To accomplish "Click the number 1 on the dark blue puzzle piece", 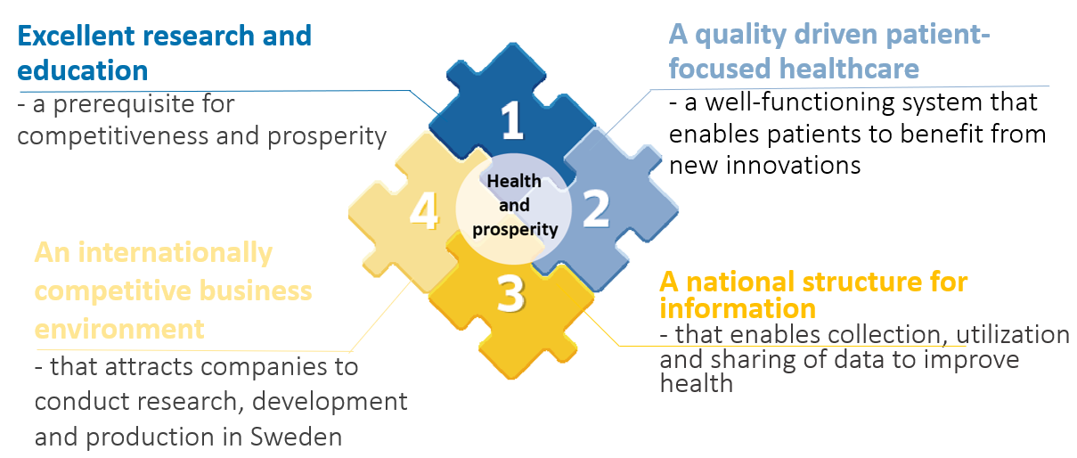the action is click(x=512, y=120).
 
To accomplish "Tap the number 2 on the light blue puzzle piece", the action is click(x=596, y=209).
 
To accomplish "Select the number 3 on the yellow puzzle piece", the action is click(x=510, y=293).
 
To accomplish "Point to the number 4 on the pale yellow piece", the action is click(x=424, y=210).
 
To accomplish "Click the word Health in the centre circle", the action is click(x=514, y=182).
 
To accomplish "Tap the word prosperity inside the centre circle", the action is click(x=515, y=230).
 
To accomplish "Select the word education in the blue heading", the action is click(x=83, y=70).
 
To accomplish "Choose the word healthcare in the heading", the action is click(x=849, y=69).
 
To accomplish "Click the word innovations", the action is click(x=794, y=166).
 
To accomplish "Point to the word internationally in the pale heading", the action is click(x=175, y=253).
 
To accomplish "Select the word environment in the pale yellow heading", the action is click(x=119, y=329).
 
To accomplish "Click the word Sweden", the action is click(x=296, y=437).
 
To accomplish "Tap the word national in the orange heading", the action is click(x=740, y=282).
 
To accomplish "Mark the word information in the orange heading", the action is click(x=738, y=308).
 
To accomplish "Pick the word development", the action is click(x=330, y=402).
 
